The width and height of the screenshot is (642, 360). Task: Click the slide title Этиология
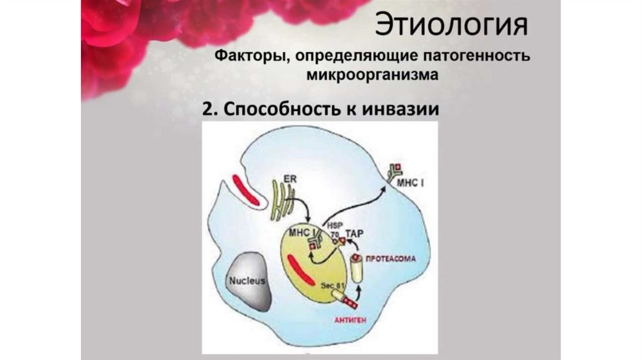tap(451, 26)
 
